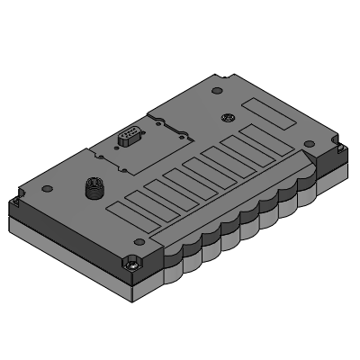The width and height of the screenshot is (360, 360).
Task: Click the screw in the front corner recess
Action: tap(132, 265)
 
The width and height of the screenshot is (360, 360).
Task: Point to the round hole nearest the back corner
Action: tap(215, 91)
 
